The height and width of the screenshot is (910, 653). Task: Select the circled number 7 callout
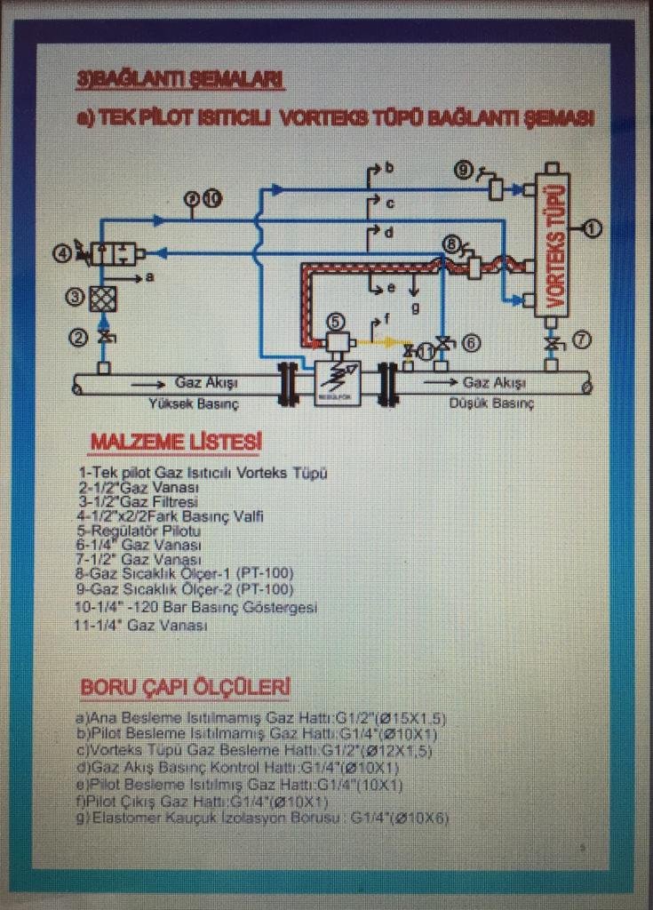(x=582, y=339)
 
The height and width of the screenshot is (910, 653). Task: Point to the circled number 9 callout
(x=463, y=169)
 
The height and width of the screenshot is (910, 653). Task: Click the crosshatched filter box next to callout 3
(x=103, y=299)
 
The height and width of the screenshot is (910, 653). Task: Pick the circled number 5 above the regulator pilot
(x=334, y=320)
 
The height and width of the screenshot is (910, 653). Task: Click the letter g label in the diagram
(x=415, y=307)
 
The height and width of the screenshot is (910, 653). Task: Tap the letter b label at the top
(x=389, y=167)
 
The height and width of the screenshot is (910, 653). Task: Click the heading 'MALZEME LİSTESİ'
(x=176, y=442)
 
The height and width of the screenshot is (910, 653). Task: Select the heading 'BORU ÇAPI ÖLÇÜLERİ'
(x=185, y=687)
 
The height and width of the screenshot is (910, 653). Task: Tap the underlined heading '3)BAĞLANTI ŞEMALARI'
(x=181, y=83)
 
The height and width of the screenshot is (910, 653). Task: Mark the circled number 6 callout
(x=472, y=341)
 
